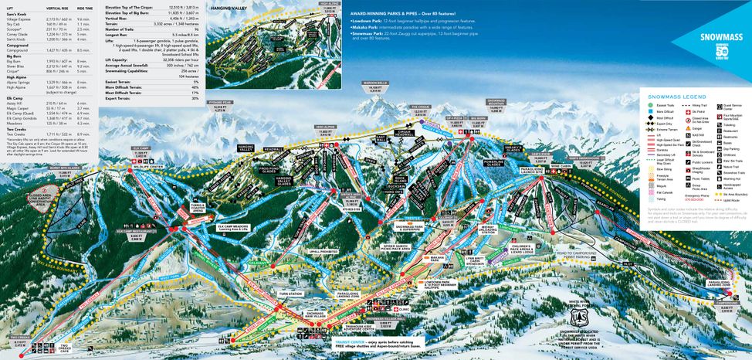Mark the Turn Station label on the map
click(x=290, y=294)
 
